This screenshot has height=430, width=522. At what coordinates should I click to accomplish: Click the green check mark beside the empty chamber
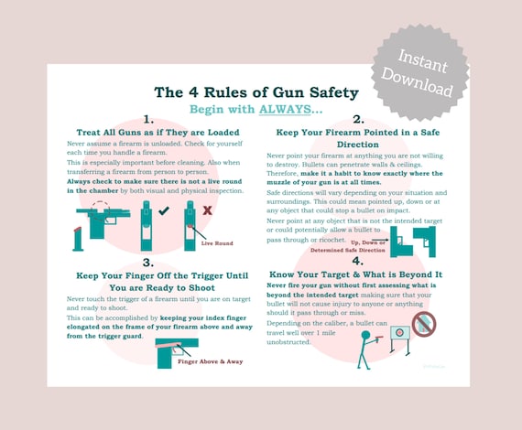click(164, 211)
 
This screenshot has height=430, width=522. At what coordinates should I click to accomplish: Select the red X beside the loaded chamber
click(208, 210)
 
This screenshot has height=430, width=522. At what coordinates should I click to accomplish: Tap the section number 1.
click(149, 120)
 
